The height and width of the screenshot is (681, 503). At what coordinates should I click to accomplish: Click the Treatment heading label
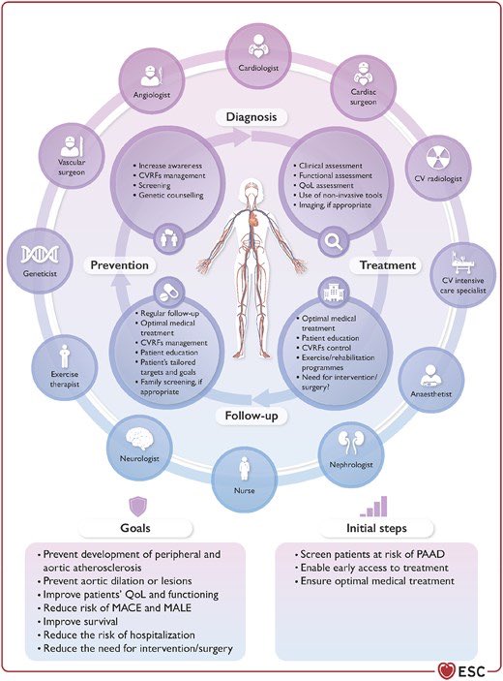click(x=387, y=264)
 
